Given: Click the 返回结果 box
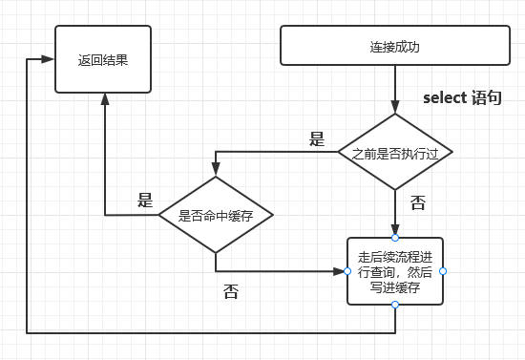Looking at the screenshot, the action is coord(103,59).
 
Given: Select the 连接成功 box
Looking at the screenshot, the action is coord(395,45).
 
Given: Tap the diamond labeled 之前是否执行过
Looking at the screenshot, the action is coord(395,152).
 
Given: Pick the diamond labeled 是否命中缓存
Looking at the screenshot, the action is coord(216,215).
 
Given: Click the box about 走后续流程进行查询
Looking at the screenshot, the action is coord(395,271).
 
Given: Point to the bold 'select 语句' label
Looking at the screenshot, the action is coord(462,97).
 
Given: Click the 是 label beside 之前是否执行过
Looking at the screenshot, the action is coord(317,138).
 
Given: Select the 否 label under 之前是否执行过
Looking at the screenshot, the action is coord(418,202).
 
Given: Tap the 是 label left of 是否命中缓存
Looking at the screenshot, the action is coord(145,201).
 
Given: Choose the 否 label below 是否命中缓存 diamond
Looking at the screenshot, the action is coord(231,291).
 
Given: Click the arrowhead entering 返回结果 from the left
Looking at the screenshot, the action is coord(48,59).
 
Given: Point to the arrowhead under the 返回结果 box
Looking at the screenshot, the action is coord(105,99).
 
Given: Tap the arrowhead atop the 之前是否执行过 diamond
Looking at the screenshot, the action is coord(395,107).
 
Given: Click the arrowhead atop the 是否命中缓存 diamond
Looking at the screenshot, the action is coord(216,169).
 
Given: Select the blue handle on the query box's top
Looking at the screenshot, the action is coord(395,238).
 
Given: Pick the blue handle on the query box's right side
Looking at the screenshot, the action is coord(443,271).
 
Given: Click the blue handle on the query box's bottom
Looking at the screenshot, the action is coord(395,305).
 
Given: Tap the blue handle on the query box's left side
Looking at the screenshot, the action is coord(347,271).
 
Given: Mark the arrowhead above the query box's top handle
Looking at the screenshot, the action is coord(395,228).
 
